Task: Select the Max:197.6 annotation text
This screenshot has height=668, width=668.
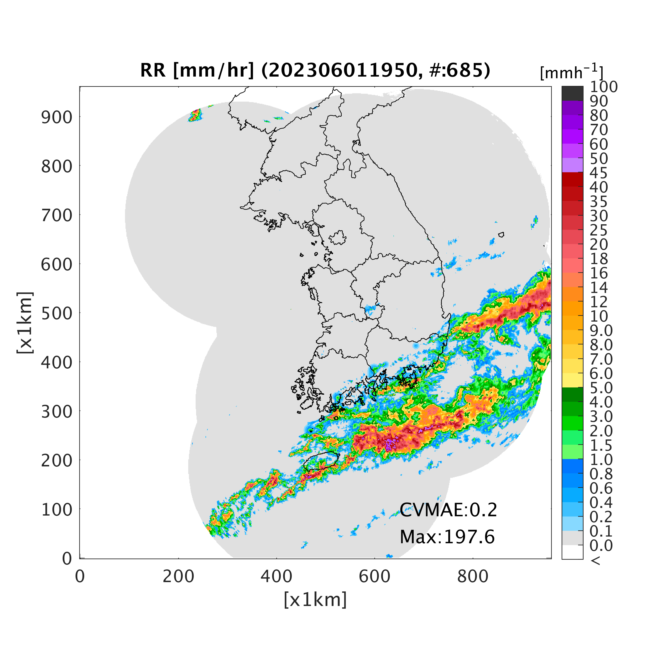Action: [x=447, y=537]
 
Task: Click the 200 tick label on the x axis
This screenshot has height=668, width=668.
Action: [x=178, y=576]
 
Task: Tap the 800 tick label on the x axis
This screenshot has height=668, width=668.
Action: [x=473, y=576]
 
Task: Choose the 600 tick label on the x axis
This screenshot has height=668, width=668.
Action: [x=375, y=576]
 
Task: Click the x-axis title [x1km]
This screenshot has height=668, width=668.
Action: [x=315, y=600]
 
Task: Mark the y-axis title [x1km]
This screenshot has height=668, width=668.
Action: [x=25, y=322]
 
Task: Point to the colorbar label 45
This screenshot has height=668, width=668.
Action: [x=599, y=173]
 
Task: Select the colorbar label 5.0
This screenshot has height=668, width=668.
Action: [x=601, y=388]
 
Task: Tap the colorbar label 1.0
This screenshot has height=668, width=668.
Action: [x=601, y=459]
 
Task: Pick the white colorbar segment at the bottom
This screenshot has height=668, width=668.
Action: [x=572, y=552]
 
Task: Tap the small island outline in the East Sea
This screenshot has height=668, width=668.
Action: [x=501, y=235]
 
